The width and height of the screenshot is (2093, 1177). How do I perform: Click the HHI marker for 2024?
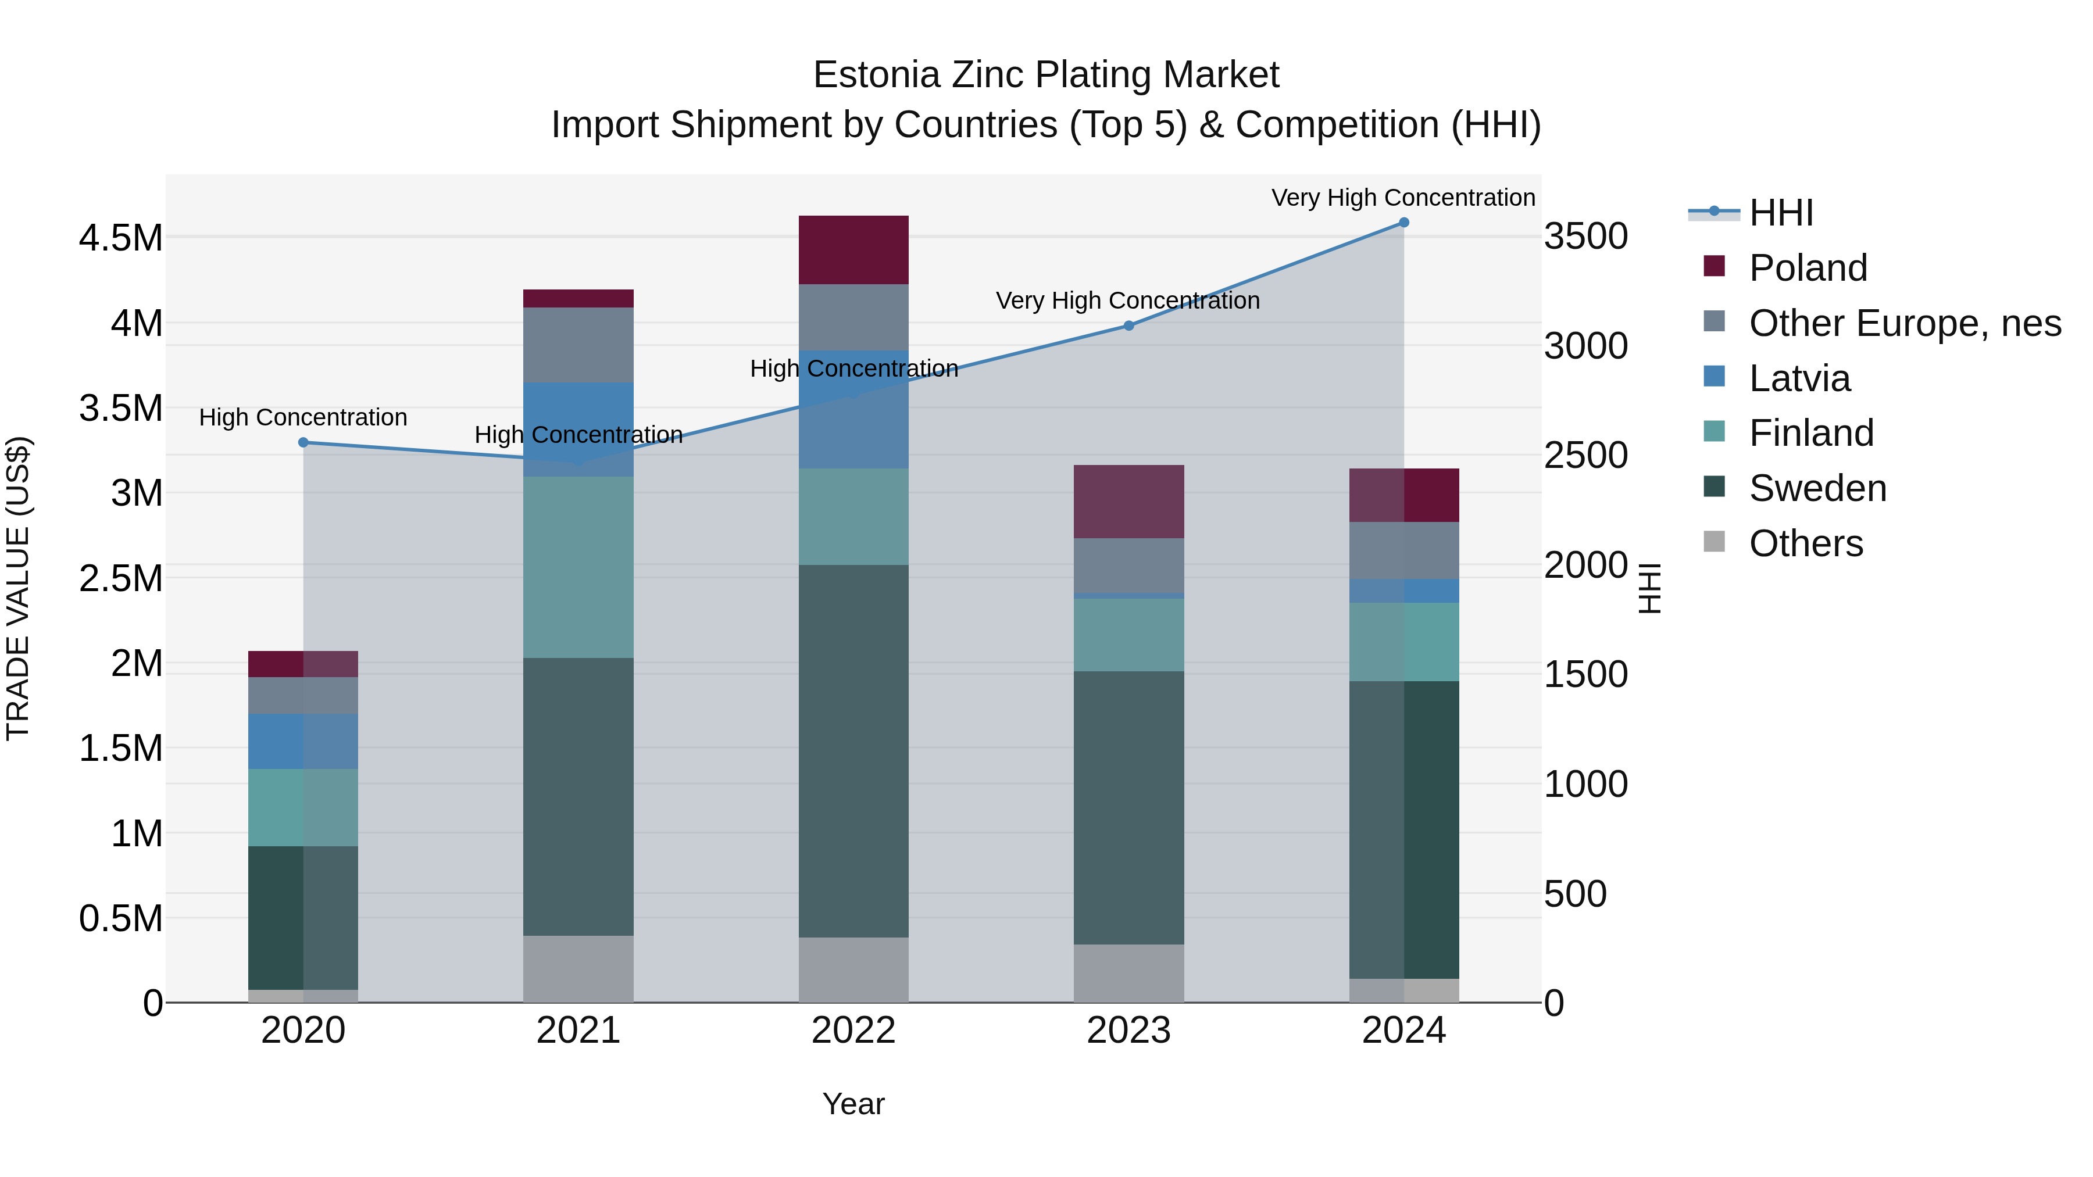pyautogui.click(x=1403, y=223)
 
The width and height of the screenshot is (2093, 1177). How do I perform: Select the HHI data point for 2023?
pyautogui.click(x=1128, y=325)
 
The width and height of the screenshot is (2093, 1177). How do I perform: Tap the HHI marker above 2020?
pyautogui.click(x=303, y=443)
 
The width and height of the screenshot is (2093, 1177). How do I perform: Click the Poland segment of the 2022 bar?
pyautogui.click(x=853, y=250)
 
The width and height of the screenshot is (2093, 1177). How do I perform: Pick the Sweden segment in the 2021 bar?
pyautogui.click(x=578, y=796)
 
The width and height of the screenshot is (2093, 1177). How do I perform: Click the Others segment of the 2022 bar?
pyautogui.click(x=853, y=970)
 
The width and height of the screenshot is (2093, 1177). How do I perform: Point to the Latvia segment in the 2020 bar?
pyautogui.click(x=303, y=741)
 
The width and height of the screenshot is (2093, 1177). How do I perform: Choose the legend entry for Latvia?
pyautogui.click(x=1799, y=378)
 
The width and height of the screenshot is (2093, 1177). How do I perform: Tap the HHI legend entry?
pyautogui.click(x=1780, y=213)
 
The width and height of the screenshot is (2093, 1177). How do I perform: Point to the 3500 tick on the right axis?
pyautogui.click(x=1585, y=237)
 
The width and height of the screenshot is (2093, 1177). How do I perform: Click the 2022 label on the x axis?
pyautogui.click(x=853, y=1031)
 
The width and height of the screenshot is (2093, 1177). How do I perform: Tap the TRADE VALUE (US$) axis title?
pyautogui.click(x=18, y=588)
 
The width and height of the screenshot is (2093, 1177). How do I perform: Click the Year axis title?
pyautogui.click(x=853, y=1104)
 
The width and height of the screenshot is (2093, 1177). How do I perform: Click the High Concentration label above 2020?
pyautogui.click(x=303, y=417)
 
